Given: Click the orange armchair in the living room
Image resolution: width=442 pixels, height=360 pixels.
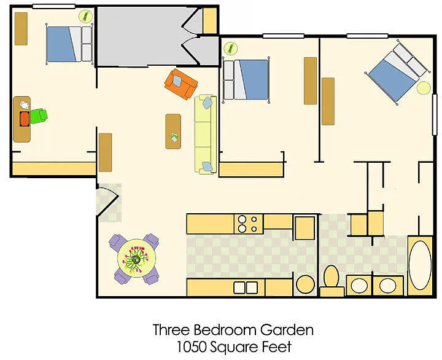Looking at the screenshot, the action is point(181,84).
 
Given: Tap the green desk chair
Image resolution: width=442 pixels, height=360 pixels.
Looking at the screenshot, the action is point(39,116).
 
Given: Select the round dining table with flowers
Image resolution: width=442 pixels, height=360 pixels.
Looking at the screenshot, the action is point(137,258).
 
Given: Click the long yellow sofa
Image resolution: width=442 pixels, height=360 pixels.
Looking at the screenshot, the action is point(206,135).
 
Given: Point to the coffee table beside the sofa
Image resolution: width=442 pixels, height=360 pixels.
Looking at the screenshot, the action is point(173,131).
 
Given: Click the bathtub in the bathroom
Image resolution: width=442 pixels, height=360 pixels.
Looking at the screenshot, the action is point(421,265).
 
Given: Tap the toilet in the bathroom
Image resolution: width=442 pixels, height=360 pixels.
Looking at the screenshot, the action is point(331,280).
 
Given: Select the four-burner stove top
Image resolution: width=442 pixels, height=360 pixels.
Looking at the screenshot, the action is point(249,224).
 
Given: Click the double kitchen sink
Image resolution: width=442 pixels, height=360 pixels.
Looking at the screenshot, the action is point(246,288).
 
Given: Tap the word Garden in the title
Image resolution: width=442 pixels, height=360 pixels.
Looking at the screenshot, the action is point(287,329).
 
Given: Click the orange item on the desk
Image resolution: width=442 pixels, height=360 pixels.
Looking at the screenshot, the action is point(25,119).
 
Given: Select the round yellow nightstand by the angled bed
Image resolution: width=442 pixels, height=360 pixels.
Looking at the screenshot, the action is point(424,88).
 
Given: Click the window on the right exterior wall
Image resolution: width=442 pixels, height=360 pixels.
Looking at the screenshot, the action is point(435,114).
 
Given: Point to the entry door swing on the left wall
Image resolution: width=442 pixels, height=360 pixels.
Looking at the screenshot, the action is point(107,200).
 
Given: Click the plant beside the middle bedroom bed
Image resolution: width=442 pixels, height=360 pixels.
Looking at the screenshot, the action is point(231,49).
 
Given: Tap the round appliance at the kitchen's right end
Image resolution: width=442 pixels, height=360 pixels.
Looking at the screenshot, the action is point(306,284).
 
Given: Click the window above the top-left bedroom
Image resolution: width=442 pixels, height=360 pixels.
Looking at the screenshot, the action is point(54,6).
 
